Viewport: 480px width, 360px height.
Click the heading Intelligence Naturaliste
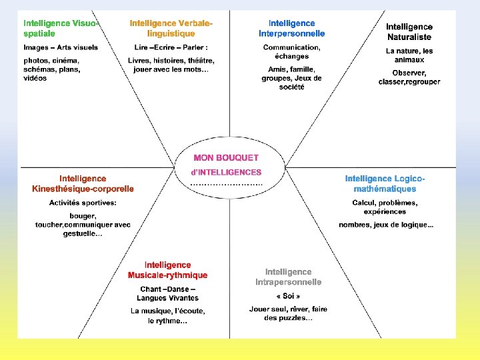coord(409,32)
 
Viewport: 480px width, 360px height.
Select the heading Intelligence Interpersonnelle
coord(292,28)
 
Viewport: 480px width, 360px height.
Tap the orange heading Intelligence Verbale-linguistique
coord(172,28)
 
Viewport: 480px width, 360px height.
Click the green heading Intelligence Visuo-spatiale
coord(61,28)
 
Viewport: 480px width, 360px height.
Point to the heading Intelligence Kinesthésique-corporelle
coord(83,183)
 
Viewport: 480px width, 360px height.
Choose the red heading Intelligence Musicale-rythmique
coord(167,270)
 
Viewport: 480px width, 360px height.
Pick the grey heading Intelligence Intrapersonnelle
coord(288,277)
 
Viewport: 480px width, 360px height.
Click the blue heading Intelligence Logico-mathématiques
coord(385,183)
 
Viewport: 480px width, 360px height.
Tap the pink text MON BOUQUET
coord(226,158)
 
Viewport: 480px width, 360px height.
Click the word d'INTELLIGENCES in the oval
coord(226,172)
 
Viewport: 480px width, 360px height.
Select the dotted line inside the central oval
coord(226,183)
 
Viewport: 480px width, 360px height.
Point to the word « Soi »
coord(288,295)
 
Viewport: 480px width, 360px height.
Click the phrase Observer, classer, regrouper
coord(409,77)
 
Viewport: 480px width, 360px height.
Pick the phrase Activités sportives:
coord(83,202)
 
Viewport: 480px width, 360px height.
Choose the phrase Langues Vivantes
coord(168,298)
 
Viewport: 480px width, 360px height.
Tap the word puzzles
coord(297,318)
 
